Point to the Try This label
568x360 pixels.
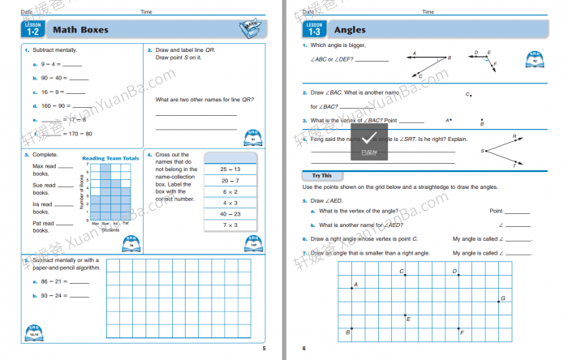pyautogui.click(x=322, y=175)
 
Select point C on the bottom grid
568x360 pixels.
pyautogui.click(x=405, y=275)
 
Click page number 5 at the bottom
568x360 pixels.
pyautogui.click(x=264, y=348)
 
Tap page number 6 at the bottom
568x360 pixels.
pyautogui.click(x=304, y=348)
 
